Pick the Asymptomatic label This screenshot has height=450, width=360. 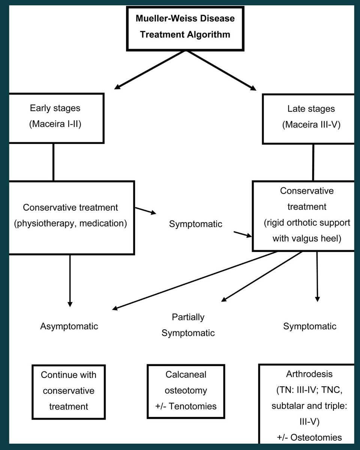[69, 326]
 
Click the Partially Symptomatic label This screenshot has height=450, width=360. [188, 325]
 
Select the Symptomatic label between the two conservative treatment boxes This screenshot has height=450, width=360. [196, 224]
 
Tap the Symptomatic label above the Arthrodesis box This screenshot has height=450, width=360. [310, 326]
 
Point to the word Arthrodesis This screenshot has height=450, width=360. [309, 374]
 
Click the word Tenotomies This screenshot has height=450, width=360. [192, 406]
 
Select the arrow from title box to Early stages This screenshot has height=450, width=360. [150, 70]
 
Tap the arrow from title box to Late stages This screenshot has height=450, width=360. [221, 70]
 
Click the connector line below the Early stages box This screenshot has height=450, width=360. [53, 162]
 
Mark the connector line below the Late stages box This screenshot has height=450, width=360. [313, 163]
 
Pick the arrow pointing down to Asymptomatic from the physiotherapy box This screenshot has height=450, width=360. [70, 280]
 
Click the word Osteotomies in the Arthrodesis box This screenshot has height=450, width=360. [316, 438]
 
